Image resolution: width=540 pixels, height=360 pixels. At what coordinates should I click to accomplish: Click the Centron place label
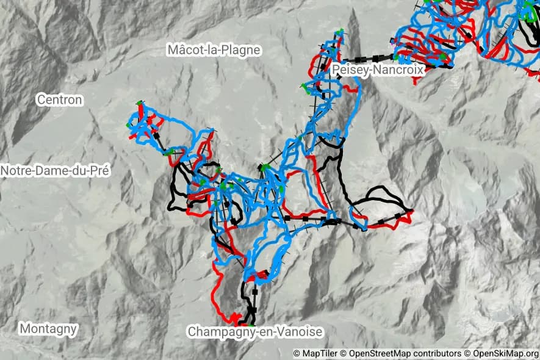coord(59,99)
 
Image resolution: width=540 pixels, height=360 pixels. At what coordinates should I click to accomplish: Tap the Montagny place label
coord(49,329)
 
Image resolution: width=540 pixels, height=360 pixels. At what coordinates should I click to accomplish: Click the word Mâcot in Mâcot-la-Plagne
coord(187,51)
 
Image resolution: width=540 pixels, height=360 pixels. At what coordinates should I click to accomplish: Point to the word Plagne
coord(242,51)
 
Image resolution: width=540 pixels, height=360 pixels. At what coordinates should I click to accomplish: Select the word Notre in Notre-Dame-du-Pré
coord(16,171)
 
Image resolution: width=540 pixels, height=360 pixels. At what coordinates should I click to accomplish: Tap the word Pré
coord(99,171)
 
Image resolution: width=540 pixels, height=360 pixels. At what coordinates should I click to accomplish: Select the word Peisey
coord(350,70)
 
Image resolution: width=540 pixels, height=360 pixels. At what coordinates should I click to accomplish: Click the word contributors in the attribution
coord(437,353)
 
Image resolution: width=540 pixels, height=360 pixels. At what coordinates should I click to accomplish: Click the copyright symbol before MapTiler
coord(297,353)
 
